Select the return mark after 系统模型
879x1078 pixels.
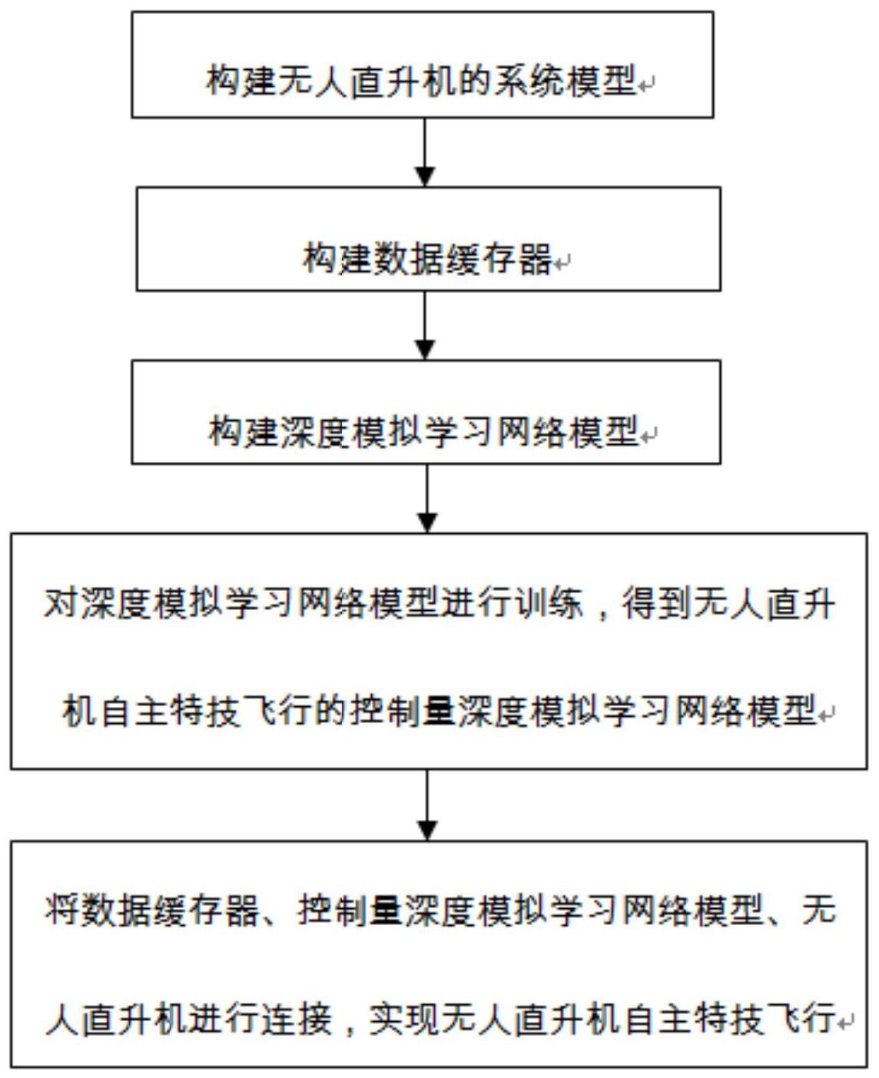click(646, 85)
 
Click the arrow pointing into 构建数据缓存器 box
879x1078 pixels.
click(425, 152)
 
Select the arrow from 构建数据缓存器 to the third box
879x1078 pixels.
click(425, 326)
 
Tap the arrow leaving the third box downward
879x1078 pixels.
click(427, 499)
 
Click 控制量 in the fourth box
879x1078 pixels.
click(403, 711)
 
